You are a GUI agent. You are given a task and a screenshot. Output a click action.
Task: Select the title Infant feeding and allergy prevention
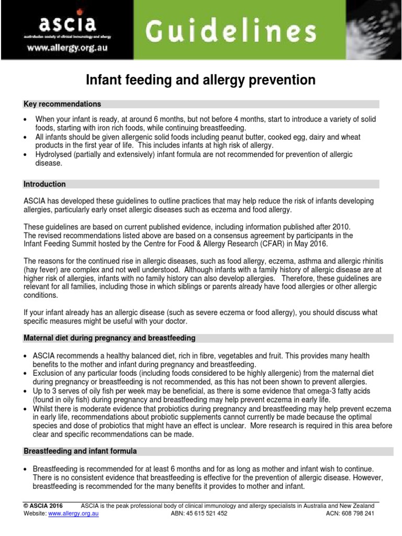click(200, 80)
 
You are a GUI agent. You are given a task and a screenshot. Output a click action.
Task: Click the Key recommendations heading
click(62, 104)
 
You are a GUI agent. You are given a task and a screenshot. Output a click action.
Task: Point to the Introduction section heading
click(45, 184)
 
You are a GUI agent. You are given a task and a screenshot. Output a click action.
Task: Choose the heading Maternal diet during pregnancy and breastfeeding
click(109, 338)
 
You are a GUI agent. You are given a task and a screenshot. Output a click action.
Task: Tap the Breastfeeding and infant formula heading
click(80, 451)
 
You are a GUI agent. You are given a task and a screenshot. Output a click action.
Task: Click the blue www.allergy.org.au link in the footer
click(74, 514)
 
